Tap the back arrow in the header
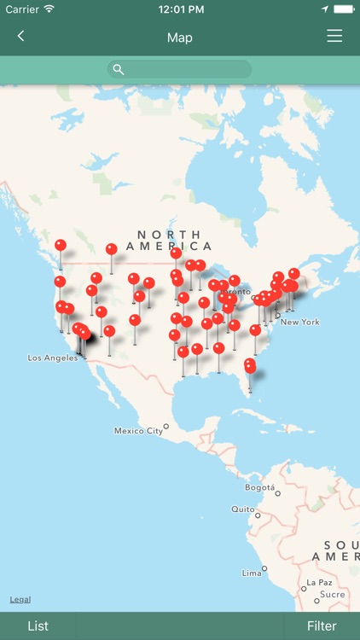pos(20,37)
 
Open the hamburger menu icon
pos(334,37)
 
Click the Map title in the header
pos(180,38)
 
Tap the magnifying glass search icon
pos(119,70)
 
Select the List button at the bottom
pos(38,625)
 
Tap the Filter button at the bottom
pos(322,625)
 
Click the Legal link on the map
pos(20,599)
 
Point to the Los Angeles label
pos(53,358)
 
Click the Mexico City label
pos(138,431)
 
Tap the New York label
pos(299,322)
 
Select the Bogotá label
pos(259,487)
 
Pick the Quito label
pos(242,509)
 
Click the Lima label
pos(252,573)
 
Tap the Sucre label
pos(332,594)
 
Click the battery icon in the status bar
pos(343,9)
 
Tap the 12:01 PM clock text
pos(181,9)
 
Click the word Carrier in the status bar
pos(22,9)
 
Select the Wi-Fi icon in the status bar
pos(49,9)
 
